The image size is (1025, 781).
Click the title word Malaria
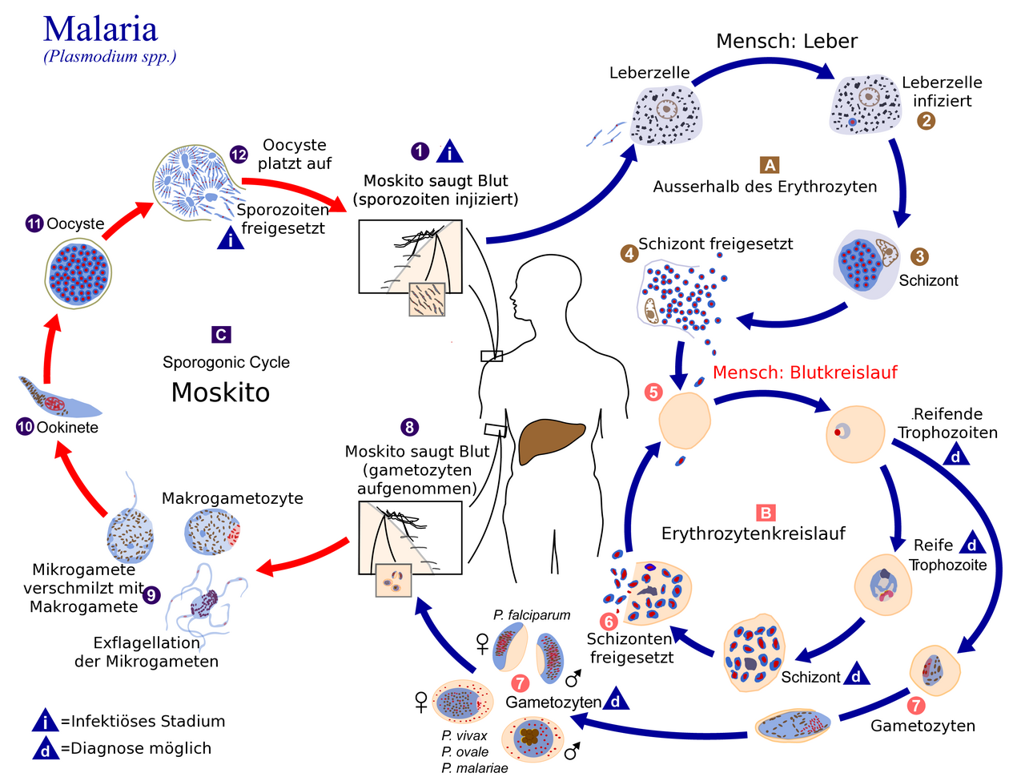[x=100, y=29]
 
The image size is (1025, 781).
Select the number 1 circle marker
[x=420, y=151]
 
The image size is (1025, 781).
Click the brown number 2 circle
[x=926, y=122]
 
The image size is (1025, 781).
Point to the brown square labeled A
[x=770, y=165]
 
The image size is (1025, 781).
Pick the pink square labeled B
[x=766, y=513]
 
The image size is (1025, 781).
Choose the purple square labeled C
[x=221, y=335]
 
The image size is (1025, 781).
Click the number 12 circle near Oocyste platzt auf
[x=239, y=155]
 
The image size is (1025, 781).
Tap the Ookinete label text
[x=67, y=428]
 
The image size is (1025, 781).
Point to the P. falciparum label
[x=532, y=615]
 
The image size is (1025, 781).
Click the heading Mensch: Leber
[x=786, y=41]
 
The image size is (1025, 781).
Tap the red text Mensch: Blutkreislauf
[x=805, y=372]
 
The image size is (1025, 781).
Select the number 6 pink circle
[x=609, y=622]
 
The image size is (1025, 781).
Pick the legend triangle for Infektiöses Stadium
[x=46, y=721]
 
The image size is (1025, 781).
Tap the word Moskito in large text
[x=220, y=393]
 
